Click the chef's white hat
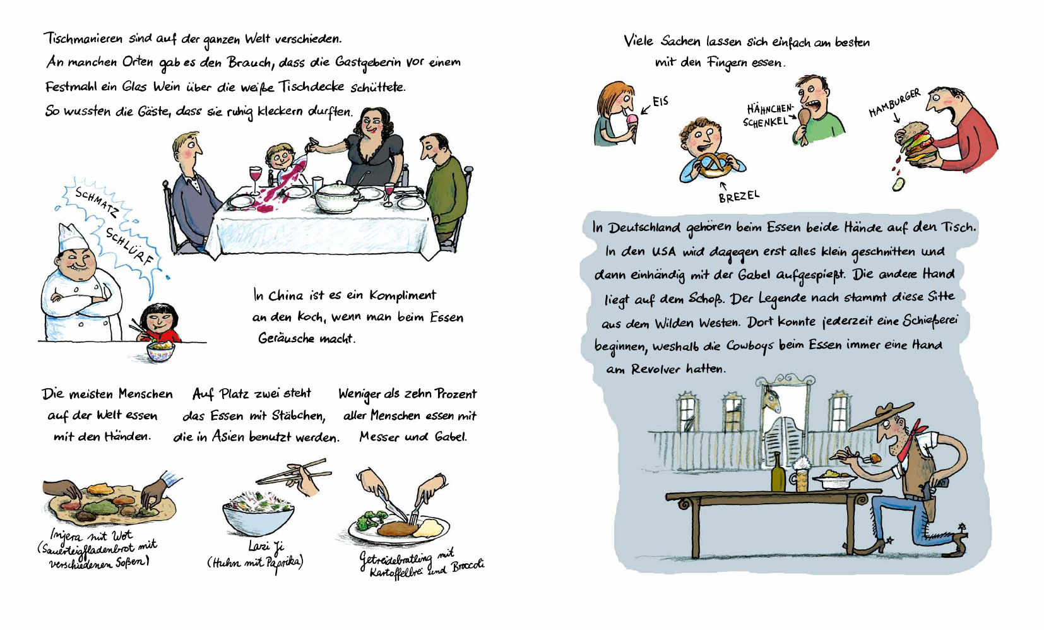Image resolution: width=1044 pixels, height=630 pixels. (73, 237)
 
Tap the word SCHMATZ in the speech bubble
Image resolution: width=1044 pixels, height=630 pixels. (97, 202)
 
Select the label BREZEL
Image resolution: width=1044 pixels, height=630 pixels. (739, 196)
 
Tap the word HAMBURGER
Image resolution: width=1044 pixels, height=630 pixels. (894, 102)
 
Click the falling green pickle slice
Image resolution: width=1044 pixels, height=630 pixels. (897, 184)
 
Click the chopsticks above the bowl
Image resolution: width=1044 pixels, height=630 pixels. (294, 472)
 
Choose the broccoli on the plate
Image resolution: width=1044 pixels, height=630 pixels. (371, 520)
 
